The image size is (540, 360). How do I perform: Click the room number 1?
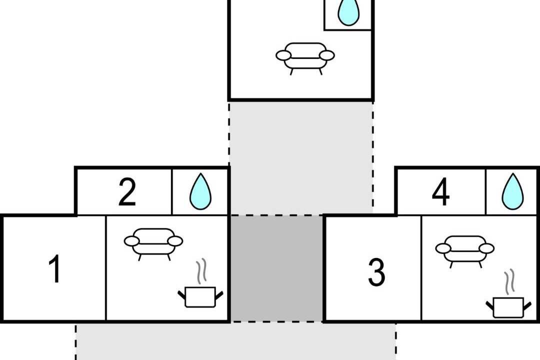pyautogui.click(x=55, y=268)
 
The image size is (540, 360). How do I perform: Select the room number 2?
pyautogui.click(x=127, y=192)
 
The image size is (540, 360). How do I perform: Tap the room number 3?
pyautogui.click(x=376, y=272)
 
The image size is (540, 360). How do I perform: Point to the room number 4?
pyautogui.click(x=441, y=192)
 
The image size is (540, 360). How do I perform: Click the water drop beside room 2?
pyautogui.click(x=200, y=192)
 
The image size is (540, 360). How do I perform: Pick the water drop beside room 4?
pyautogui.click(x=513, y=192)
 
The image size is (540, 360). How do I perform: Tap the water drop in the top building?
pyautogui.click(x=348, y=12)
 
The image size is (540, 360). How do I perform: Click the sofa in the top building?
pyautogui.click(x=305, y=58)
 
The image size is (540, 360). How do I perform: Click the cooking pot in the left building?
pyautogui.click(x=200, y=296)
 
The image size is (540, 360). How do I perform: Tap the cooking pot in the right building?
pyautogui.click(x=508, y=307)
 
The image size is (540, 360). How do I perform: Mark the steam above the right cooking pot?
pyautogui.click(x=509, y=282)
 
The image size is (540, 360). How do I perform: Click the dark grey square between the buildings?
pyautogui.click(x=277, y=268)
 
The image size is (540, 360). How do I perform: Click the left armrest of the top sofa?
pyautogui.click(x=283, y=55)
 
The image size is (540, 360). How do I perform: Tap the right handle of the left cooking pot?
pyautogui.click(x=219, y=295)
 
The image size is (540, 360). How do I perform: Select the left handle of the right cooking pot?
pyautogui.click(x=489, y=305)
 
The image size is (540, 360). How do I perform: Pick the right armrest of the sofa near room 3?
pyautogui.click(x=486, y=248)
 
